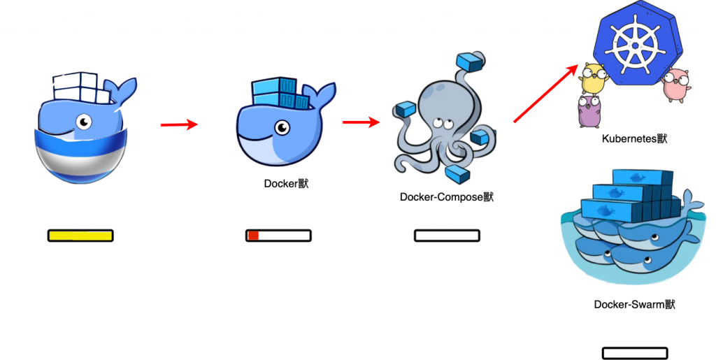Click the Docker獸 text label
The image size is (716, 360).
pos(286,184)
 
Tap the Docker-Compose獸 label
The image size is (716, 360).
pos(446,197)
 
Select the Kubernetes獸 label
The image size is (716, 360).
pos(634,138)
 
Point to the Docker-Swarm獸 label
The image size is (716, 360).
pos(635,304)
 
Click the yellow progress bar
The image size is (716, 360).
pos(80,236)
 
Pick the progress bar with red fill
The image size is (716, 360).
pos(278,236)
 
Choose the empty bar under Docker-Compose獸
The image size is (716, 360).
pos(447,236)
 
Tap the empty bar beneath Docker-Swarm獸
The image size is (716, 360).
pos(635,354)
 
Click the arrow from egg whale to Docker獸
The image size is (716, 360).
pos(180,125)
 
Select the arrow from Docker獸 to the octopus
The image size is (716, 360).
pos(361,122)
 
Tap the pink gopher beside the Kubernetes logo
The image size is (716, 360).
pos(676,85)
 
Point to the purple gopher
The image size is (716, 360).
pos(589,113)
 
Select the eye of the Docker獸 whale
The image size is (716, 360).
pos(282,128)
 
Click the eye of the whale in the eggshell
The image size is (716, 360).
pos(85,122)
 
